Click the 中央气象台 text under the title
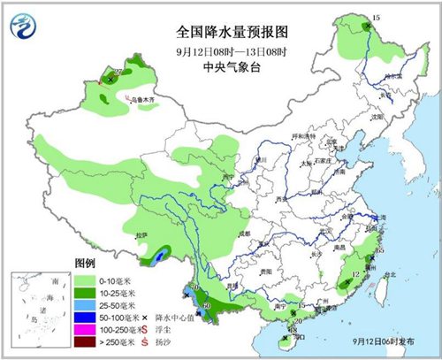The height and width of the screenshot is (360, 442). point(220,64)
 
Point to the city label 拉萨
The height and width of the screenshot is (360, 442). point(141,235)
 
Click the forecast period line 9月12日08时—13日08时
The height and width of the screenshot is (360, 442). point(220,50)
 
